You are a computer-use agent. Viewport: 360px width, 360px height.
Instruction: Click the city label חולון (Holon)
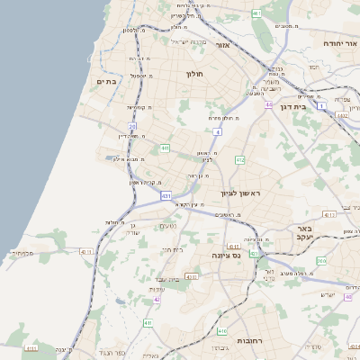click(196, 73)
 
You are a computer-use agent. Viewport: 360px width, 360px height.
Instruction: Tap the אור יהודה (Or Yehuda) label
click(341, 42)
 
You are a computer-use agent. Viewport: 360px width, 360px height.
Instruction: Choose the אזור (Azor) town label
click(224, 44)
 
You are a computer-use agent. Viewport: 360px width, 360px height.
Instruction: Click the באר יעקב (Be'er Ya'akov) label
click(303, 234)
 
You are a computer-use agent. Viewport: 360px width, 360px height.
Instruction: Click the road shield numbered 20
click(131, 127)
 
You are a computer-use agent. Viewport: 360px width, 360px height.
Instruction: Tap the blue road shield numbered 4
click(218, 132)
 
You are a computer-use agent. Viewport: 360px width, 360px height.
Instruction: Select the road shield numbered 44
click(268, 104)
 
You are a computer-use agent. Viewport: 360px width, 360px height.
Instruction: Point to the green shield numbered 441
click(165, 148)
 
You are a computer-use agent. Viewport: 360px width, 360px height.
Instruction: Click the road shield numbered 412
click(239, 160)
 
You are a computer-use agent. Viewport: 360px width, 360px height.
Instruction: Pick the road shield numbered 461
click(256, 13)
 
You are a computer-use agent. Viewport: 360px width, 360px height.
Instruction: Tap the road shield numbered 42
click(157, 300)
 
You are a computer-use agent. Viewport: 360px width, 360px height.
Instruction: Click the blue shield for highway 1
click(321, 105)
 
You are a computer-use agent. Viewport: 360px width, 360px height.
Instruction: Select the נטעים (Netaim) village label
click(167, 226)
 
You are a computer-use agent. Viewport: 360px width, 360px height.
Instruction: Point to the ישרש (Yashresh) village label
click(328, 294)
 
